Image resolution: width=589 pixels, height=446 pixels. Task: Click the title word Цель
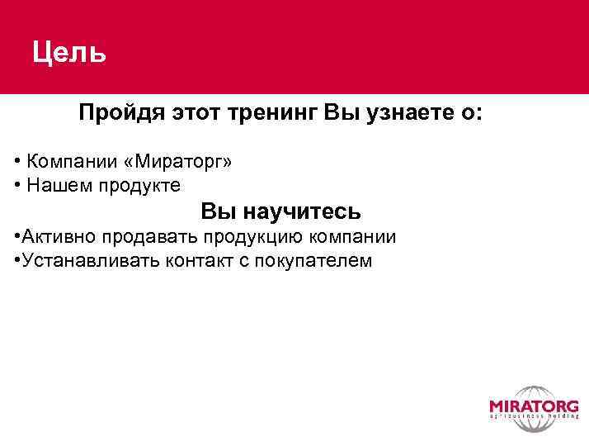coord(69,54)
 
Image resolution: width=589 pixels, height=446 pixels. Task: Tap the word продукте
coord(139,185)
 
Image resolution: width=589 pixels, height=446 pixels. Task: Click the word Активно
coord(59,238)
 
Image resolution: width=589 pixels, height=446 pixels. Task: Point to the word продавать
coord(147,238)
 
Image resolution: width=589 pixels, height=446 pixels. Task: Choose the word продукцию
coord(247,238)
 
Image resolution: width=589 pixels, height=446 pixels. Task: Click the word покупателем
coord(313,262)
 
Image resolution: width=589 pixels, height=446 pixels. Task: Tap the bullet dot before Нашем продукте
coord(18,185)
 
